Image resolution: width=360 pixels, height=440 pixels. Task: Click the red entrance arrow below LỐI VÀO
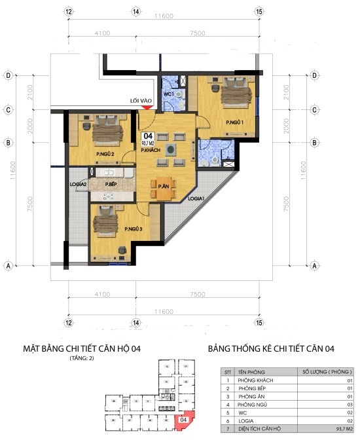pos(148,107)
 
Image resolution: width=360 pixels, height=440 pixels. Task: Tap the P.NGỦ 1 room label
pos(235,122)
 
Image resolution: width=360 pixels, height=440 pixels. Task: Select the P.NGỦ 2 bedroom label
pos(105,155)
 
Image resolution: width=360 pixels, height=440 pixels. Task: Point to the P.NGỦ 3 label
pos(134,229)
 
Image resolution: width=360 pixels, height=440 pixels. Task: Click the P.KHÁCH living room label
pos(151,150)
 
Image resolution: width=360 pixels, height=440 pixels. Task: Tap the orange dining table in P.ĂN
pos(164,187)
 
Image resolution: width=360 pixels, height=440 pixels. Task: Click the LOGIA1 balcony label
pos(197,198)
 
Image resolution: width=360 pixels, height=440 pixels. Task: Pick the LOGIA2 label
pos(79,185)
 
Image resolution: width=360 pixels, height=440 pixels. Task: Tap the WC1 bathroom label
pos(168,94)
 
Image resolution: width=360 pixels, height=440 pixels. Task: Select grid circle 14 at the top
pos(135,12)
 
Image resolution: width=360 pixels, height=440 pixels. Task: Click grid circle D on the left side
pos(9,76)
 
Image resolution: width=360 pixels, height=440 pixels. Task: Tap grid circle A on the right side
pos(315,266)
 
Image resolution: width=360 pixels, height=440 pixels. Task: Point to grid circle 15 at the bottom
pos(259,323)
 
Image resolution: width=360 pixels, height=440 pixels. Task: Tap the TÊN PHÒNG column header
pos(251,371)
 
